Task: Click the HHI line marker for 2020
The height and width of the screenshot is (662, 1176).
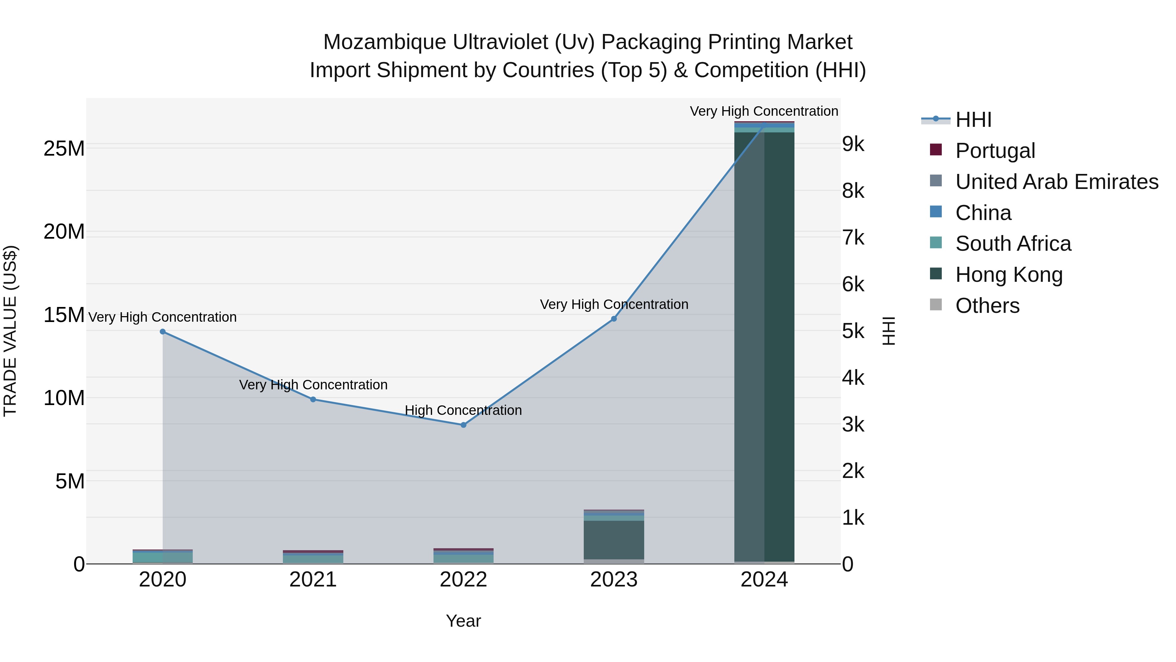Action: [163, 332]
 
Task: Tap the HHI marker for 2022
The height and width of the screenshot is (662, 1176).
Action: [463, 425]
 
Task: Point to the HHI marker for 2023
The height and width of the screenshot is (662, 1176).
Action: [613, 319]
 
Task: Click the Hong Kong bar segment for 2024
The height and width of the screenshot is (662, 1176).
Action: [764, 347]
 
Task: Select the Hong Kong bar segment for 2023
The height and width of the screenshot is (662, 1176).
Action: [613, 540]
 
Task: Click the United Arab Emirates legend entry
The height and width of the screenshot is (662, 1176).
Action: [1056, 182]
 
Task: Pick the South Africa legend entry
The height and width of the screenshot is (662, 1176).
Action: [1013, 244]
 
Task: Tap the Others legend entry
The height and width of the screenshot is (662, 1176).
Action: [987, 306]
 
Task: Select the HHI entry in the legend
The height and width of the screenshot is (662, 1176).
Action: [973, 120]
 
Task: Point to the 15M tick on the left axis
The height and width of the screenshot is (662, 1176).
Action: [64, 315]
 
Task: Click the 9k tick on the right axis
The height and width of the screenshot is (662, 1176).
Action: [853, 144]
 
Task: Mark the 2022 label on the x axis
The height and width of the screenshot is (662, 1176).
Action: [463, 580]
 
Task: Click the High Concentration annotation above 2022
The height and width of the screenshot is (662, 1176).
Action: [463, 410]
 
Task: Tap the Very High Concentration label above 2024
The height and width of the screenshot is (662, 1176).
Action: [764, 111]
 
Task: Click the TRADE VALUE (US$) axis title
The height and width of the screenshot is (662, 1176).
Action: [10, 331]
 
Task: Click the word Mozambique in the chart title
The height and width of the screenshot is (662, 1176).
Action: [384, 42]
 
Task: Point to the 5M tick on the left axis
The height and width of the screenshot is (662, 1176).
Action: [70, 482]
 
